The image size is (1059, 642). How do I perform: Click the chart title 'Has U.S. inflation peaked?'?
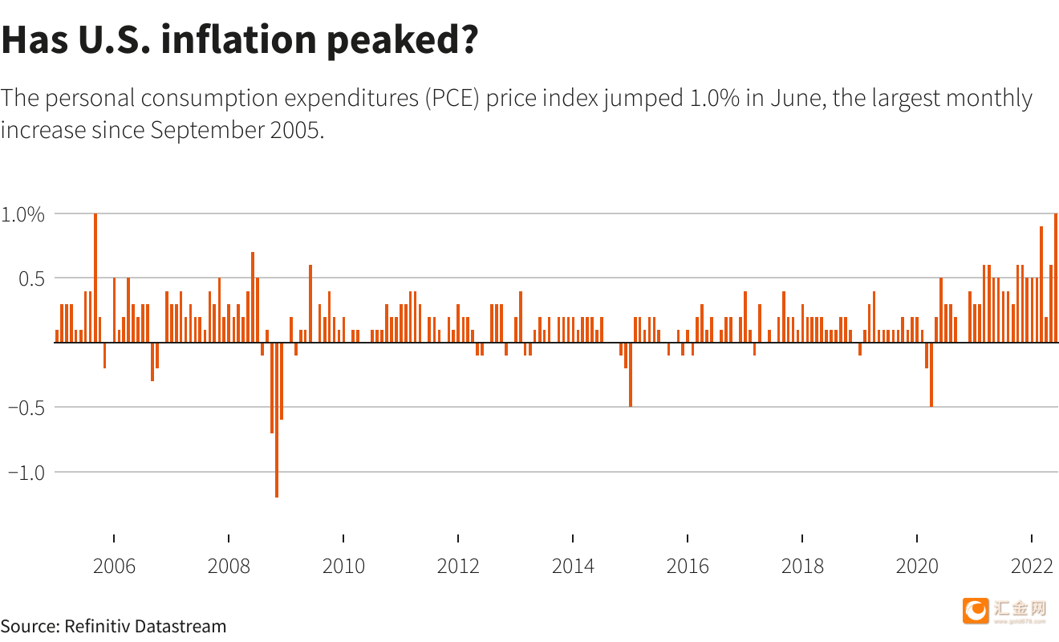[239, 40]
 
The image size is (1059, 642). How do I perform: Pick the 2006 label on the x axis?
[114, 566]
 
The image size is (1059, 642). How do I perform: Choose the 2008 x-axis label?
[229, 566]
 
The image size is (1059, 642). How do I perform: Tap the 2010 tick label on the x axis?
[343, 566]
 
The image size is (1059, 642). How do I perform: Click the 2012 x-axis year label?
[458, 566]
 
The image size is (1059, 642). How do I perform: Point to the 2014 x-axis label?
[573, 566]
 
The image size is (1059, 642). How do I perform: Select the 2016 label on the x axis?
[688, 566]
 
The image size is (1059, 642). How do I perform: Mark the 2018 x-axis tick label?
[802, 566]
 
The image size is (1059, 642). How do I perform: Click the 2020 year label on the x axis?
[917, 566]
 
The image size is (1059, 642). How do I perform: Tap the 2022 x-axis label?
[1032, 566]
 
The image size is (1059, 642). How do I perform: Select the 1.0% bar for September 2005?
[95, 278]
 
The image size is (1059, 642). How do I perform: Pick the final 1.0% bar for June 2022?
[1056, 278]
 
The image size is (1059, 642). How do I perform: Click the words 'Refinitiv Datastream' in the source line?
[145, 626]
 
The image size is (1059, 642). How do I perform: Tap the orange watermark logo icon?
[976, 611]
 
